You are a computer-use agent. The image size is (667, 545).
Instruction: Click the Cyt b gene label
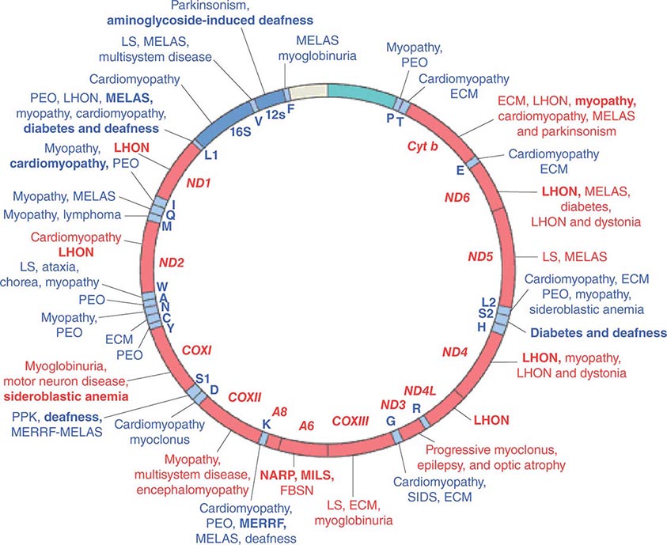click(x=423, y=146)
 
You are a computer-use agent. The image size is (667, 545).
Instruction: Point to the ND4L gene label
click(x=419, y=390)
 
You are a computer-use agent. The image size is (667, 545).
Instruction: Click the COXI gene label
click(x=197, y=348)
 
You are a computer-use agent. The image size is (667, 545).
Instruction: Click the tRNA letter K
click(x=266, y=426)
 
